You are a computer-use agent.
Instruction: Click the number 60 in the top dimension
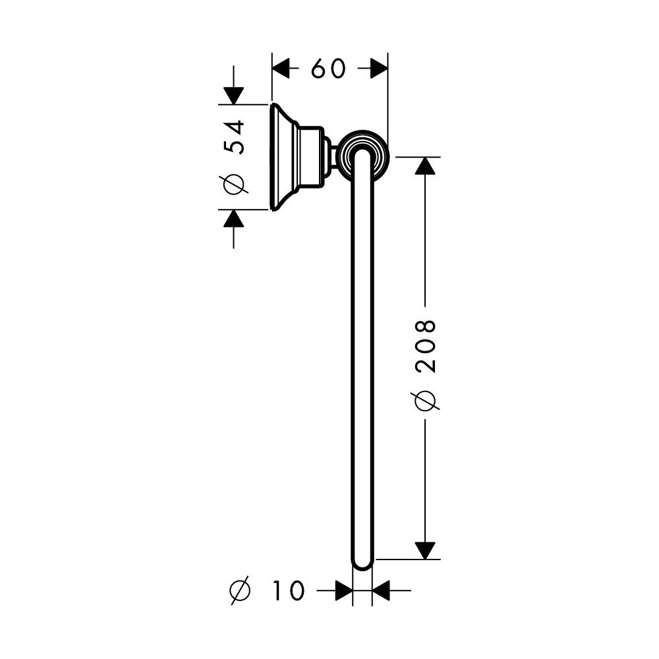[328, 69]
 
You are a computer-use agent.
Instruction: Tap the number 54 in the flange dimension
[234, 138]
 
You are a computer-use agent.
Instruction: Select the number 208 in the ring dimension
[425, 346]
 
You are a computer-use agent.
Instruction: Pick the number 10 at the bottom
[288, 590]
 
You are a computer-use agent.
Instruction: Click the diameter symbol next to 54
[234, 184]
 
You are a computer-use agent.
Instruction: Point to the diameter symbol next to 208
[425, 400]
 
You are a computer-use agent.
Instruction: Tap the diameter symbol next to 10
[240, 590]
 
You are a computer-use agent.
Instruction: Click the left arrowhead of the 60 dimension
[281, 69]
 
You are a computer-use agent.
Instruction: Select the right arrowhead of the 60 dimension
[379, 69]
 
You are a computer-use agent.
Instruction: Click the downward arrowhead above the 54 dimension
[234, 96]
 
